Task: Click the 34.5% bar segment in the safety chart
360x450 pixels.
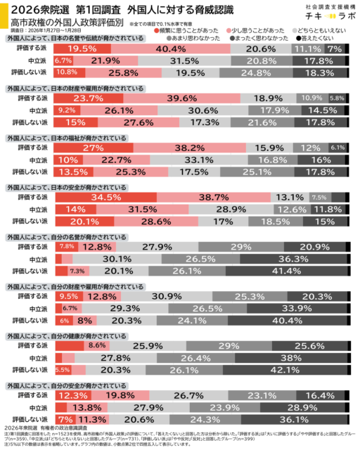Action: coord(105,198)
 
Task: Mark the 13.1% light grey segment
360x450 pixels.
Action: coord(288,198)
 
